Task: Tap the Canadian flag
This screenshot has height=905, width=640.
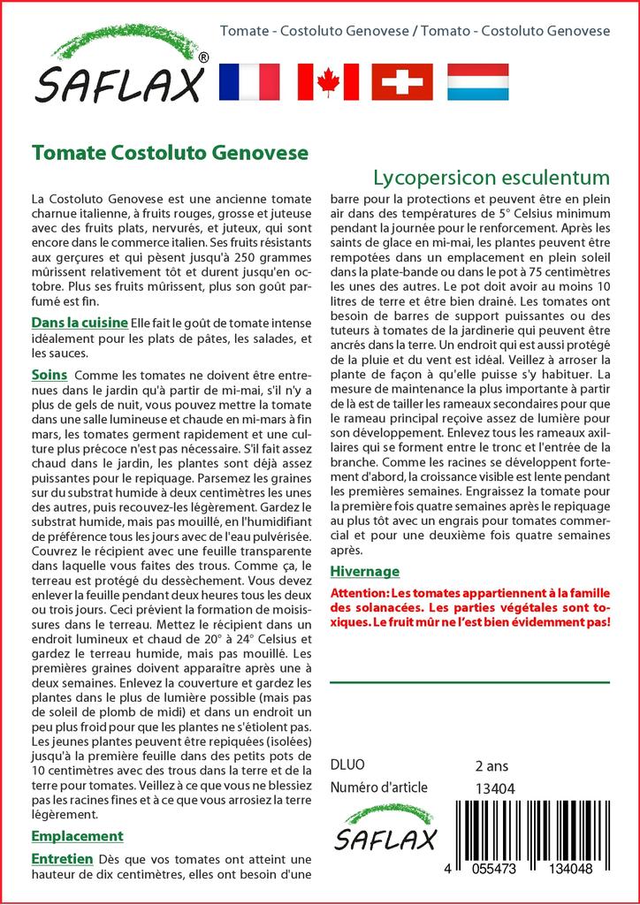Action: pos(328,81)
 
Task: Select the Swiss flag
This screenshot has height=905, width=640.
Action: pos(402,81)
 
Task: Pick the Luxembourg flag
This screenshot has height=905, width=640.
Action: pos(477,81)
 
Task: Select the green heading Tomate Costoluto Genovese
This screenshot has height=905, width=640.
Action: pos(170,152)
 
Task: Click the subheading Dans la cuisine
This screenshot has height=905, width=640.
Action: pos(79,323)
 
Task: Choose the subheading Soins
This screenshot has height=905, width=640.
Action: pos(49,375)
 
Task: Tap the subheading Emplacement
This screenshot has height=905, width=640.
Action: pos(77,836)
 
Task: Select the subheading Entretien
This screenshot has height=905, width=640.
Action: pos(62,858)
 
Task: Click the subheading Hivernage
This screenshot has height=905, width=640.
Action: pos(364,571)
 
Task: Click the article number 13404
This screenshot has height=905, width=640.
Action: pos(495,788)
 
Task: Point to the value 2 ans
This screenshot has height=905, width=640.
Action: pos(491,765)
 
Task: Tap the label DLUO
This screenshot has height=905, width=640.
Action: pos(347,765)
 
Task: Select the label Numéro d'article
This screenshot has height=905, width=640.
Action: pos(378,787)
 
